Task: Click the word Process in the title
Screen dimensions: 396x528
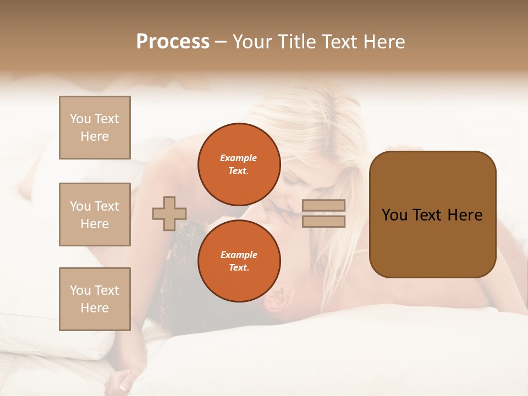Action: click(173, 42)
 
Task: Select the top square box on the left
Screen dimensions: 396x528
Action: click(95, 128)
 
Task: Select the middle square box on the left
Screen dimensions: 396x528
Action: click(95, 215)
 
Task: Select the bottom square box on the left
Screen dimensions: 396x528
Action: click(95, 299)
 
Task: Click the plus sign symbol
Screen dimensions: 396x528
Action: click(169, 213)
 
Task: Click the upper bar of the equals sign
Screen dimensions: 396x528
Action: click(324, 205)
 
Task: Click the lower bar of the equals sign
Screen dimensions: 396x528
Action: click(324, 221)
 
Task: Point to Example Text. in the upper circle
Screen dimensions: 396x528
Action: click(239, 164)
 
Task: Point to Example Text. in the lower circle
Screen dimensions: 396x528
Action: click(239, 261)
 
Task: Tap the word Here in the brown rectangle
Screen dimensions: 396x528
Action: click(465, 215)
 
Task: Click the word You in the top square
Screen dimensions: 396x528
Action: click(80, 119)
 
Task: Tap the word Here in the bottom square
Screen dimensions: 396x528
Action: click(95, 308)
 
